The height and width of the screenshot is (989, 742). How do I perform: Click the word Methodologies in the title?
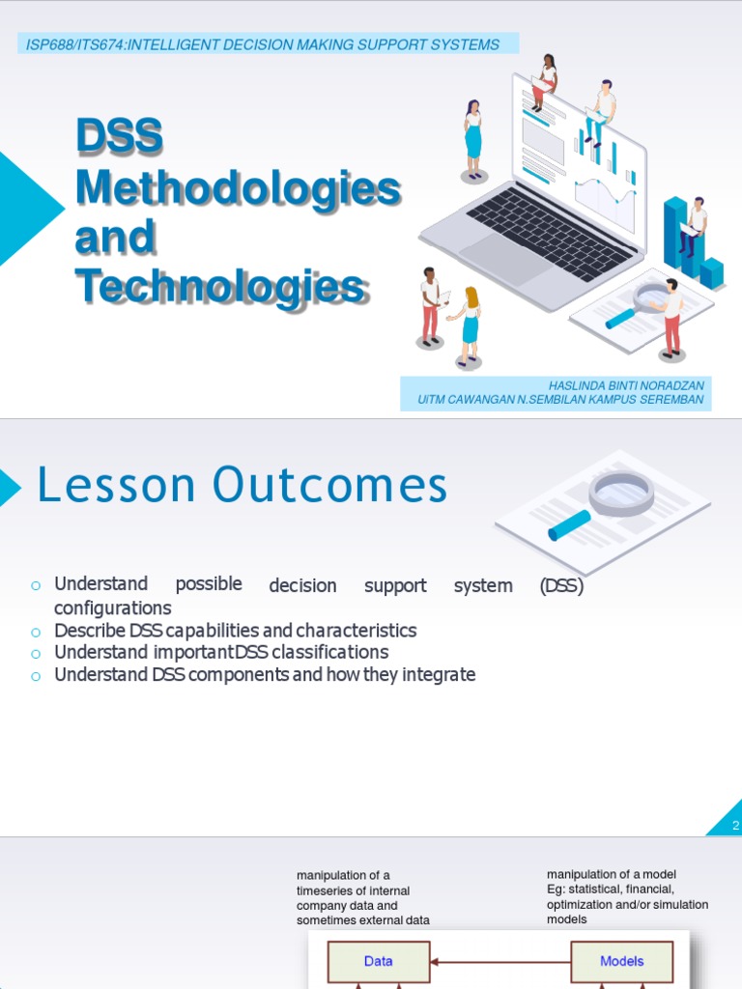coord(238,187)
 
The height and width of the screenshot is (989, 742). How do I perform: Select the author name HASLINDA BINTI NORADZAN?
coord(627,385)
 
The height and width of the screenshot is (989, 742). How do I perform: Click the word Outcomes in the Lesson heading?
coord(330,486)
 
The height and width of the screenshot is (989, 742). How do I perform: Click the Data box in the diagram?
coord(378,961)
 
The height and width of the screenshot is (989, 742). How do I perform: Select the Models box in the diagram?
coord(621,961)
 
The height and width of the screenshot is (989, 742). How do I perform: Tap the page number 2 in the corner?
coord(735,826)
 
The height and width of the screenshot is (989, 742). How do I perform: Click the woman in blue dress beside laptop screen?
coord(473,140)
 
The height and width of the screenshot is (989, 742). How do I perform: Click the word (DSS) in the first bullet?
coord(561,585)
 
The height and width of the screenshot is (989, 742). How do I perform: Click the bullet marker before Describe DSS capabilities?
coord(35,632)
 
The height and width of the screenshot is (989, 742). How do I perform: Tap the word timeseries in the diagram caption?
coord(328,890)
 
